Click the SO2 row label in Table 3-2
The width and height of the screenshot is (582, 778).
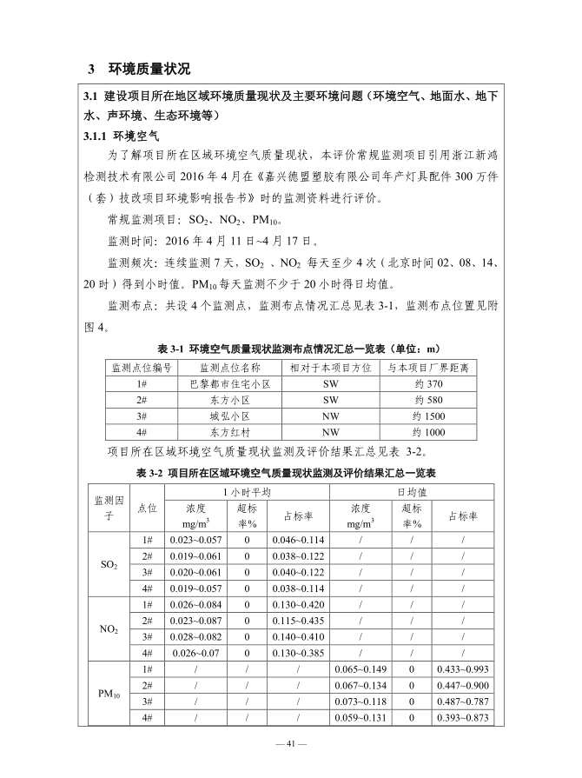coord(110,564)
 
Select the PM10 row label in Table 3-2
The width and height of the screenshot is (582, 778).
coord(110,693)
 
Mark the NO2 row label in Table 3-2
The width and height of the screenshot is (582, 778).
coord(110,628)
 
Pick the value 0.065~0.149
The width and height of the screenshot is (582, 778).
coord(360,668)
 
